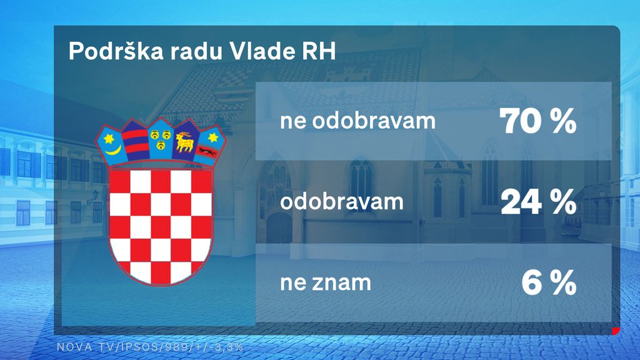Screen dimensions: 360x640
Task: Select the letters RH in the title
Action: coord(319,52)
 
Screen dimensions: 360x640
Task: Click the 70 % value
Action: coord(537,121)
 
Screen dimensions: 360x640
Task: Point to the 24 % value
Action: coord(537,202)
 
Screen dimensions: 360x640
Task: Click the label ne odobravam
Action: coord(357,121)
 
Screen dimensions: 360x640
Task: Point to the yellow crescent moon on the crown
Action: coord(113,148)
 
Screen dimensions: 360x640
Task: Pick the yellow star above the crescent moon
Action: coord(109,136)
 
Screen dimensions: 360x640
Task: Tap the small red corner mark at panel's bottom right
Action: coord(615,331)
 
